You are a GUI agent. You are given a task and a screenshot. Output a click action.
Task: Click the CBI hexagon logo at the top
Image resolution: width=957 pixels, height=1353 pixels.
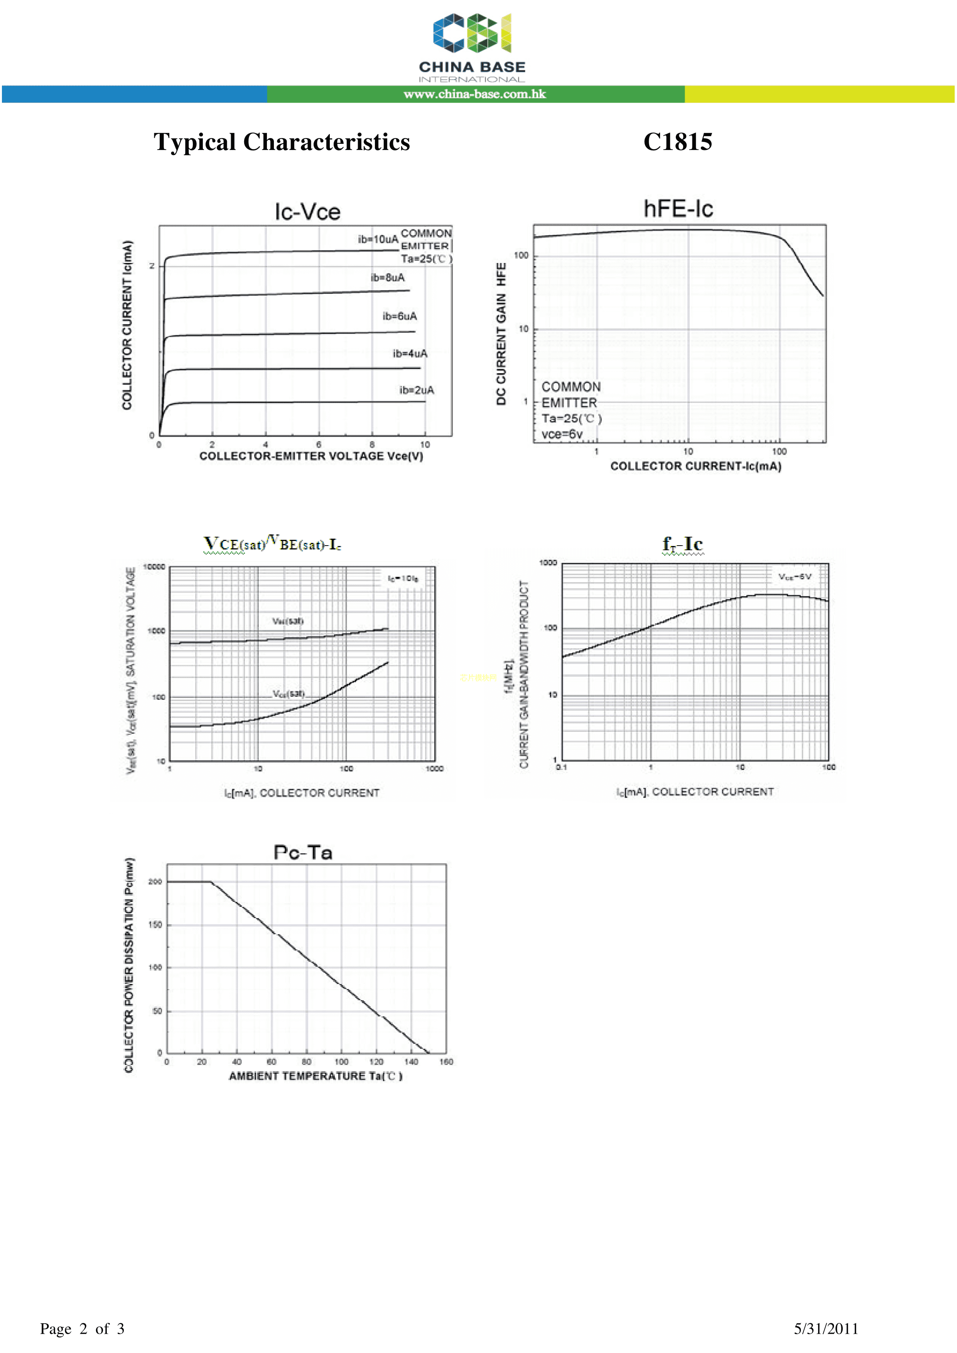[472, 33]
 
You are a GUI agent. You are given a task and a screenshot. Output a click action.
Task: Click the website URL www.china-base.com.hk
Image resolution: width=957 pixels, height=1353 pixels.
[475, 94]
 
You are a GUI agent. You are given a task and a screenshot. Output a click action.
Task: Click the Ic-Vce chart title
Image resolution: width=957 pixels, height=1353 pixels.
[307, 212]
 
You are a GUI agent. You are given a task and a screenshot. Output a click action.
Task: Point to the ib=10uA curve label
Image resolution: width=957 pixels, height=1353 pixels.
[377, 239]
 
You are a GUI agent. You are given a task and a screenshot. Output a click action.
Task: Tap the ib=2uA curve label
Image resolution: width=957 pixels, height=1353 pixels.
[416, 390]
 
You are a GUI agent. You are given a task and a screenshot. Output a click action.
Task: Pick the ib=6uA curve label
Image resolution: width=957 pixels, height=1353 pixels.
[399, 317]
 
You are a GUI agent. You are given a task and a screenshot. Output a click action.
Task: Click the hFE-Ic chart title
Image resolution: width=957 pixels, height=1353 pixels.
[678, 209]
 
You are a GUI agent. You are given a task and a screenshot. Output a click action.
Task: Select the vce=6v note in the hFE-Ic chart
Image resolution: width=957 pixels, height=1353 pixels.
[562, 434]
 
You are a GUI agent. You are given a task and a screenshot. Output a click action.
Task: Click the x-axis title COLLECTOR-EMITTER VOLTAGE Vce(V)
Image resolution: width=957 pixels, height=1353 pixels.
[311, 456]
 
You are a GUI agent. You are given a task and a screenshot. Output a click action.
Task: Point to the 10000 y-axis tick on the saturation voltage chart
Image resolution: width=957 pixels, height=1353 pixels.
[155, 567]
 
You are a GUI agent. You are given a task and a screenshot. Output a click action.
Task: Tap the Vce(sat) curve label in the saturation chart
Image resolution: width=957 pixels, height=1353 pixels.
[289, 694]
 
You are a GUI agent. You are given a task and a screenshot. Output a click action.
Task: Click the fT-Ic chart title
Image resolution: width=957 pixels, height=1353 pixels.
[682, 544]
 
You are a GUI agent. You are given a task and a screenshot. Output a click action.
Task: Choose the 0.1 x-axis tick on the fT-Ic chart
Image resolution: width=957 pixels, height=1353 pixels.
[561, 767]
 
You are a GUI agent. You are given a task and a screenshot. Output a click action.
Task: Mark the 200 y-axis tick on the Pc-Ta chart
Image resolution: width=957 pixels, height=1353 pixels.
[155, 882]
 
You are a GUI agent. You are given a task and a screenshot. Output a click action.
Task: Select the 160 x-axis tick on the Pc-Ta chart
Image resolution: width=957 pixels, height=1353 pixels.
[446, 1062]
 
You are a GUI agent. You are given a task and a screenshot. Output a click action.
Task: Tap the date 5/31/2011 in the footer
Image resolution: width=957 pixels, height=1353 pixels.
[825, 1328]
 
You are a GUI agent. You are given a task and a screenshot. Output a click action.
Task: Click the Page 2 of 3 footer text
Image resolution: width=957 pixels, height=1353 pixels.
[82, 1328]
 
